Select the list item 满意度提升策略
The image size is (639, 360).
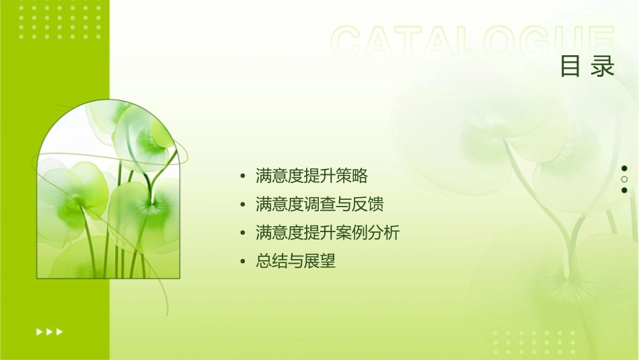point(311,176)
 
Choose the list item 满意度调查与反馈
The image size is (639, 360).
point(320,205)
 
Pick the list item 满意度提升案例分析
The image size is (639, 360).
point(328,233)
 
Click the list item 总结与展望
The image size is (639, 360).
point(295,261)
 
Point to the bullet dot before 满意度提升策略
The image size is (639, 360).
point(243,177)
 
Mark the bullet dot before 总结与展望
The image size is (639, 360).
point(243,262)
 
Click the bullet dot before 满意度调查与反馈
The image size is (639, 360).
point(243,205)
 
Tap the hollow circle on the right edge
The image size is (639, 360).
point(624,180)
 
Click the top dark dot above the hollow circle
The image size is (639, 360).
point(624,168)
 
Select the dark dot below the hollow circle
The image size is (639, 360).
point(624,190)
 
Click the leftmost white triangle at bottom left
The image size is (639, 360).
point(39,332)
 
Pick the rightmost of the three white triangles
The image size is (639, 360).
point(60,332)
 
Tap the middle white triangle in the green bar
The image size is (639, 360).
point(49,332)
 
